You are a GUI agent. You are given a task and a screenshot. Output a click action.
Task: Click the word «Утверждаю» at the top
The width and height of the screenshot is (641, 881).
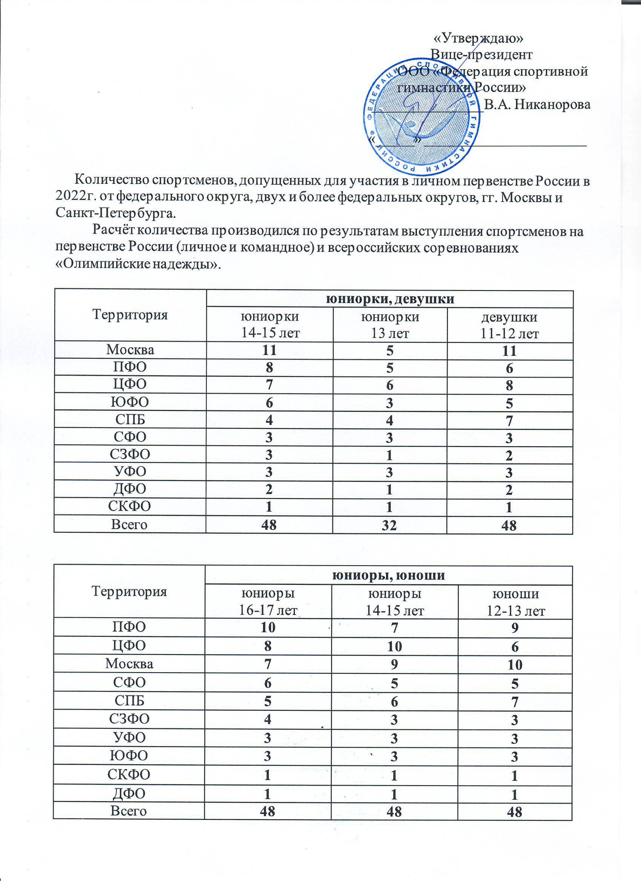[x=478, y=38]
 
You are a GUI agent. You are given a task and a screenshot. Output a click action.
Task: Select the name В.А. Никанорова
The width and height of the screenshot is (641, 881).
[x=538, y=104]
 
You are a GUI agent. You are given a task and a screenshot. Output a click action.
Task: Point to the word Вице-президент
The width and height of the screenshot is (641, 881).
[x=482, y=54]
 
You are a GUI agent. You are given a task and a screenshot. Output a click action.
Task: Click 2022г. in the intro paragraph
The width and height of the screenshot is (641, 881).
[x=75, y=197]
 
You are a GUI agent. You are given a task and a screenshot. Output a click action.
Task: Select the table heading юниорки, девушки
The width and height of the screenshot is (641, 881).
[x=390, y=299]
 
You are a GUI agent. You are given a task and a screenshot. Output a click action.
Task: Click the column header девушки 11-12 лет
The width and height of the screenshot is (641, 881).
[x=510, y=325]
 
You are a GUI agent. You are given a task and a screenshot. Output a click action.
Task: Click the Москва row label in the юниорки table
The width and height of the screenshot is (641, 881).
[x=130, y=350]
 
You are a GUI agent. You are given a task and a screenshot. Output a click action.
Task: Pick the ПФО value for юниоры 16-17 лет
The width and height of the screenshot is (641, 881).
[x=268, y=627]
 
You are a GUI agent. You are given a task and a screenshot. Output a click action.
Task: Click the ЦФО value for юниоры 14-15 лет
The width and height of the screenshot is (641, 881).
[x=394, y=646]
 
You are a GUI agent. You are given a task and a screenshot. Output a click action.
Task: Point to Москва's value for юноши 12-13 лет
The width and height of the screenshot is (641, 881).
[x=515, y=665]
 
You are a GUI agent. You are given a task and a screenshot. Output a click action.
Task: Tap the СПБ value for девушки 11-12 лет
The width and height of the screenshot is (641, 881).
[x=509, y=421]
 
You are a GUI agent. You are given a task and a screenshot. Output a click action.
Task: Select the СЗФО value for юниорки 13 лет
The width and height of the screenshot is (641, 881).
[x=390, y=455]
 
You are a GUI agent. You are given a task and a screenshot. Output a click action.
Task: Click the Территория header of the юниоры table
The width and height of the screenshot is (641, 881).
[x=129, y=591]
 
